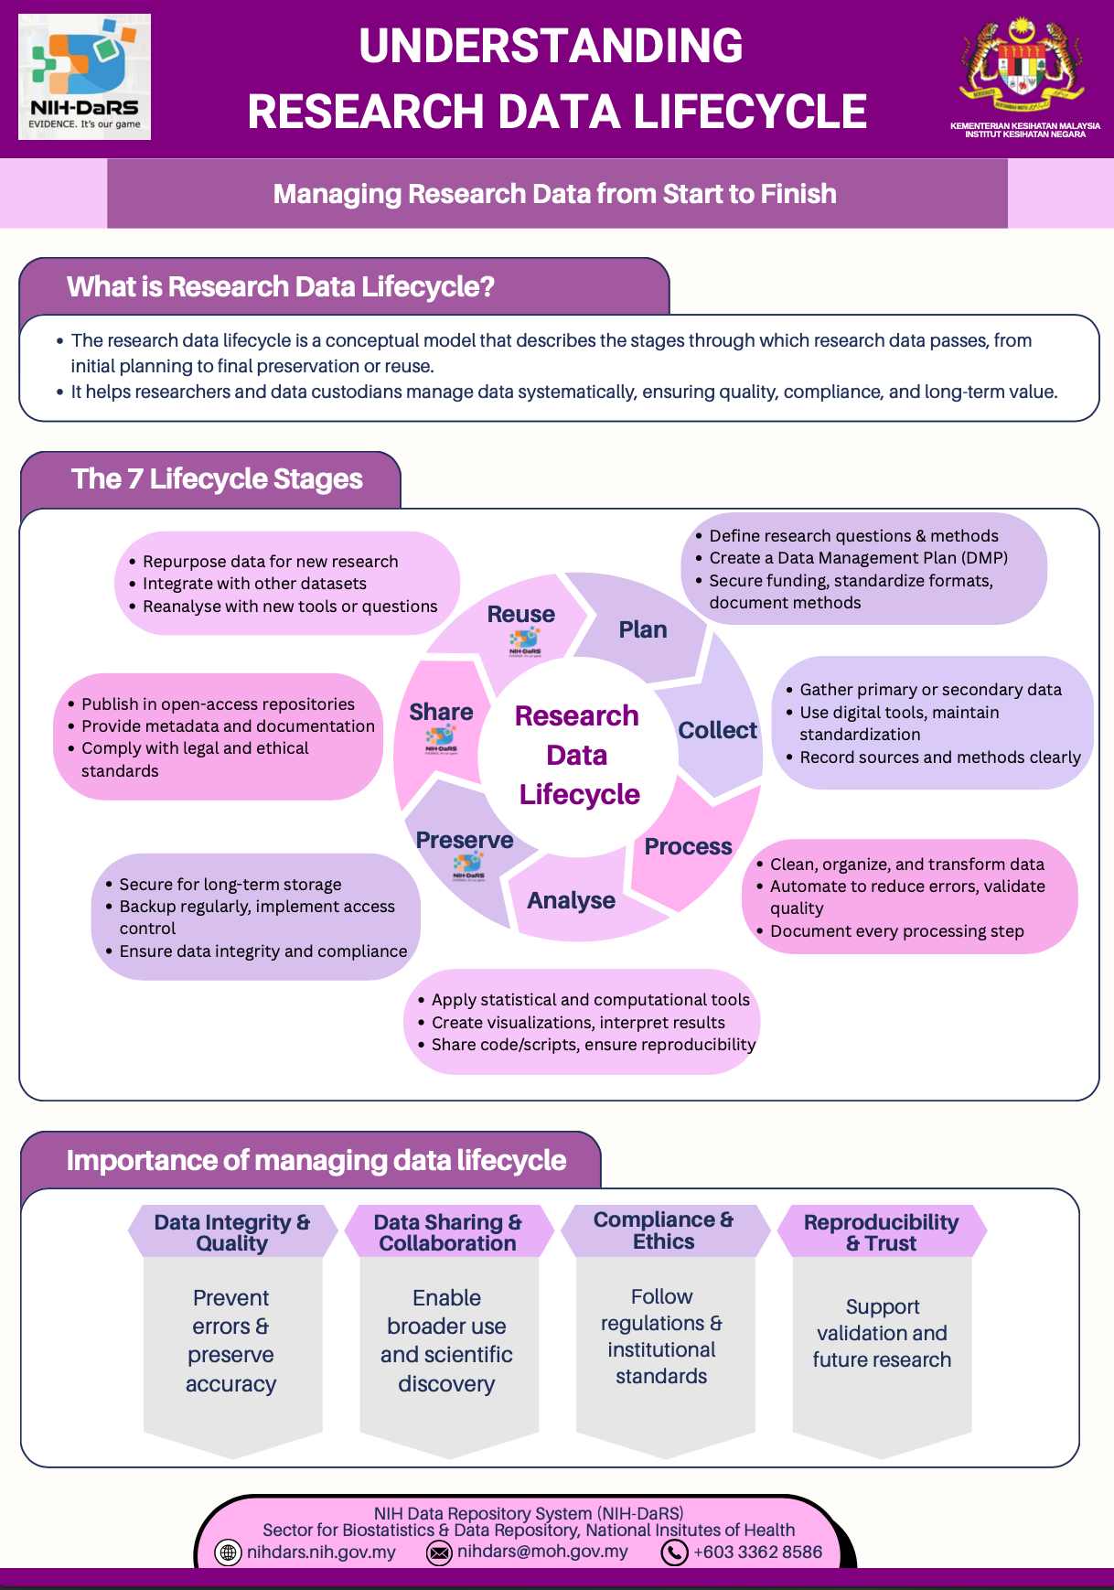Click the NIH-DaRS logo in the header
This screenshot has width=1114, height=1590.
tap(85, 77)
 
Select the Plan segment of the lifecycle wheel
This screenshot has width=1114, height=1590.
tap(643, 629)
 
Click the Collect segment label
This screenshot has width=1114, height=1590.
tap(717, 730)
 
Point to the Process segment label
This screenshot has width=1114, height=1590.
tap(688, 846)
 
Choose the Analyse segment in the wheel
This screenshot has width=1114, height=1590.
tap(572, 900)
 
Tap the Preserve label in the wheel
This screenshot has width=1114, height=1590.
tap(465, 840)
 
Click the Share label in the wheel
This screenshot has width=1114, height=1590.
tap(441, 712)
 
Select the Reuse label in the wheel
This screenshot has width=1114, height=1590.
tap(520, 614)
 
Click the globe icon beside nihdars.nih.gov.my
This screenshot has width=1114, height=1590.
tap(228, 1552)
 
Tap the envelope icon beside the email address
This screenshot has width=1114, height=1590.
tap(440, 1552)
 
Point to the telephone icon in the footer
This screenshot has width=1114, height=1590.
tap(674, 1552)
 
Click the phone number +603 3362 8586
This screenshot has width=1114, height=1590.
tap(757, 1552)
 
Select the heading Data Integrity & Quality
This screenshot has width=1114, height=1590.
tap(232, 1232)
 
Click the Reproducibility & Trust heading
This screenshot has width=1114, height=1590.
tap(881, 1232)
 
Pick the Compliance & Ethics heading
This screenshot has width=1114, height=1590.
tap(664, 1230)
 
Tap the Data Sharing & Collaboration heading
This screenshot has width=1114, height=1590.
tap(448, 1232)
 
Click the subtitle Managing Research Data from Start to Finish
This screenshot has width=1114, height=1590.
tap(555, 194)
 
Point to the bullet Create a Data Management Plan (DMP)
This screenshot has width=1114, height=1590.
tap(858, 558)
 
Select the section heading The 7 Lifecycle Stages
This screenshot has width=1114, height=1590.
tap(217, 479)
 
